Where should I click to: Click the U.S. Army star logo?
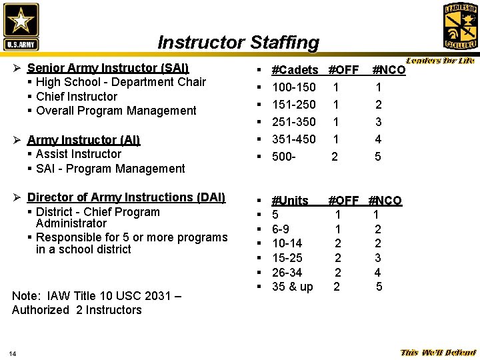(21, 26)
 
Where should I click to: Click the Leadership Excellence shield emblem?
(460, 26)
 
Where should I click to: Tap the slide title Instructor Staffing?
(238, 43)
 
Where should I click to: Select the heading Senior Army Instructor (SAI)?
(108, 68)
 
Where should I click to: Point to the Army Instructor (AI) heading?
(83, 140)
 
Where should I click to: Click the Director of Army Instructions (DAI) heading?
(126, 197)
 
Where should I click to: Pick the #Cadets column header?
(295, 70)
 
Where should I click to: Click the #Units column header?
(290, 201)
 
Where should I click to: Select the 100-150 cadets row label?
(294, 87)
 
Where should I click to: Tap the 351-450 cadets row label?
(294, 139)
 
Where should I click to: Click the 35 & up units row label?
(292, 287)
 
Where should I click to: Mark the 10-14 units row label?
(287, 243)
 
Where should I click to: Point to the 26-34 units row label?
(287, 273)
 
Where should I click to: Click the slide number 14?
(13, 353)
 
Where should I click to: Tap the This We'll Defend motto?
(438, 353)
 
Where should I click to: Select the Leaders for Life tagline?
(440, 61)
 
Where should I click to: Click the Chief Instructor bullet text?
(77, 97)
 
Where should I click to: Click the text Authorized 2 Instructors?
(77, 310)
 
